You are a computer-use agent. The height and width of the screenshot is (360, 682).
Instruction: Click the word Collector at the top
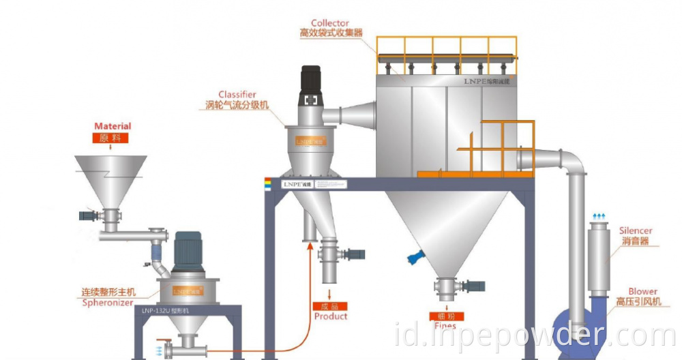pos(330,23)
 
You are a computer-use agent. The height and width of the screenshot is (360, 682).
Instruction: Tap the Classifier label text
pos(237,95)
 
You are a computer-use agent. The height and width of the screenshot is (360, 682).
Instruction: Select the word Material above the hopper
pos(113,126)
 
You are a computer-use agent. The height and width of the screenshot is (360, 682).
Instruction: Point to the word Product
pos(331,316)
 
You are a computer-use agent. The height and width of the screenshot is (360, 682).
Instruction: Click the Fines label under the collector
pos(445,326)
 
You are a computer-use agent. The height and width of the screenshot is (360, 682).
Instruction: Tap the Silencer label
pos(636,231)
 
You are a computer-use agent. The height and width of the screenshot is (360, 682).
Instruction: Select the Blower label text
pos(642,291)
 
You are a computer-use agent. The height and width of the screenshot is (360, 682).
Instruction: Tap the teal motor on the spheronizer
pos(186,251)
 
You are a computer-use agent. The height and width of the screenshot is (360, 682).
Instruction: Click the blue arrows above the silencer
pos(598,216)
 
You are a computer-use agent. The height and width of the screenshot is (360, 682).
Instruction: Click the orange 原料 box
pos(113,138)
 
